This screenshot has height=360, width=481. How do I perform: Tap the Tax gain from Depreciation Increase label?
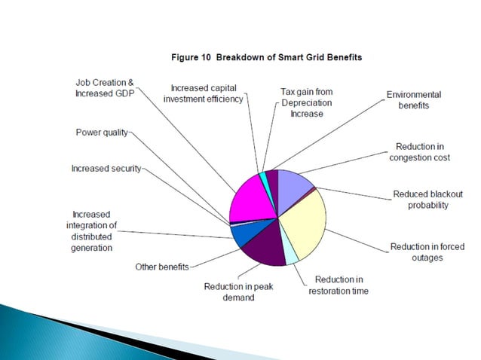click(306, 102)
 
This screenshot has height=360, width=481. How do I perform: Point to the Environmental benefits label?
click(413, 100)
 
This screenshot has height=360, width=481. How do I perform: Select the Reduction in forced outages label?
click(427, 252)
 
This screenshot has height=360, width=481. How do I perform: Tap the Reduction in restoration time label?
click(339, 285)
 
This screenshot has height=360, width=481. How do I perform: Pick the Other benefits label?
click(161, 267)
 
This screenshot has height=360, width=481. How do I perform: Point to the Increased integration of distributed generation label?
click(93, 231)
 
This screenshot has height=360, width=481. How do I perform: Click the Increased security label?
click(106, 169)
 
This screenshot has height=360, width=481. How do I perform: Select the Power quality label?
click(102, 133)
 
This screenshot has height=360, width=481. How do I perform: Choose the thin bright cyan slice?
click(262, 177)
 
